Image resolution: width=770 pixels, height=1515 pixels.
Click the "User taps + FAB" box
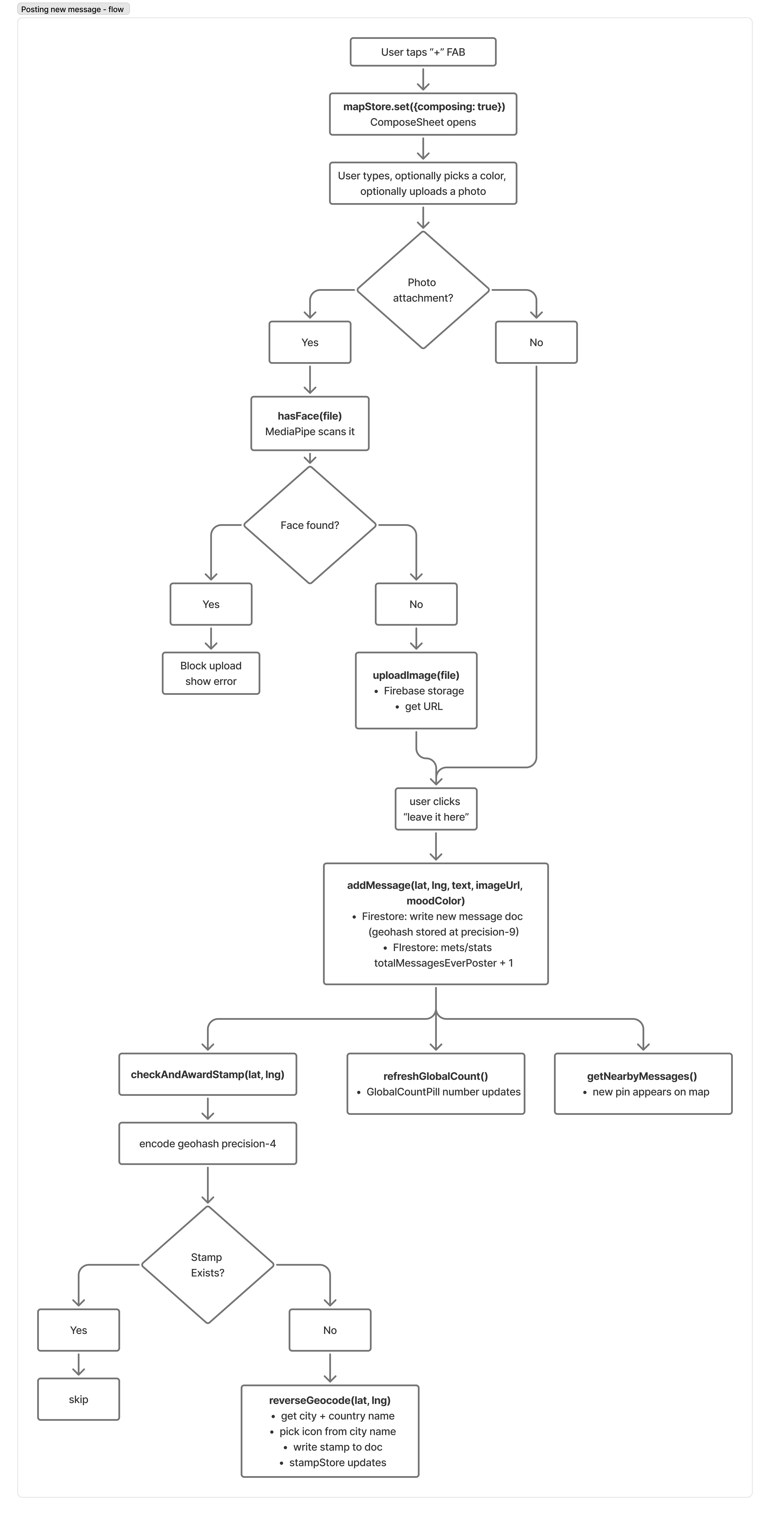(x=423, y=52)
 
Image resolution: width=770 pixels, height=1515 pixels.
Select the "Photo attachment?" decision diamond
(x=423, y=290)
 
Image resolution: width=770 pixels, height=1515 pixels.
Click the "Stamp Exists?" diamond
(x=208, y=1264)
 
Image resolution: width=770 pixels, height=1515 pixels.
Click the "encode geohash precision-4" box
(x=208, y=1143)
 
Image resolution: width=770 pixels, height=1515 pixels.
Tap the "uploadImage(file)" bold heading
(x=416, y=675)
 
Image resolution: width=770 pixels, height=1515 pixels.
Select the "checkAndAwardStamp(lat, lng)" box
(x=208, y=1074)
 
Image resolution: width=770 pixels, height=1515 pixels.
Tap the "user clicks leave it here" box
(x=436, y=809)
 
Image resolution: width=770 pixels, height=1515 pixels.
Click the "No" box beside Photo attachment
(x=536, y=342)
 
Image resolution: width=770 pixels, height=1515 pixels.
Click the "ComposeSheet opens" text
(x=423, y=122)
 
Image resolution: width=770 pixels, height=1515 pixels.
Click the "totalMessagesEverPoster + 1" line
(x=444, y=963)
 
